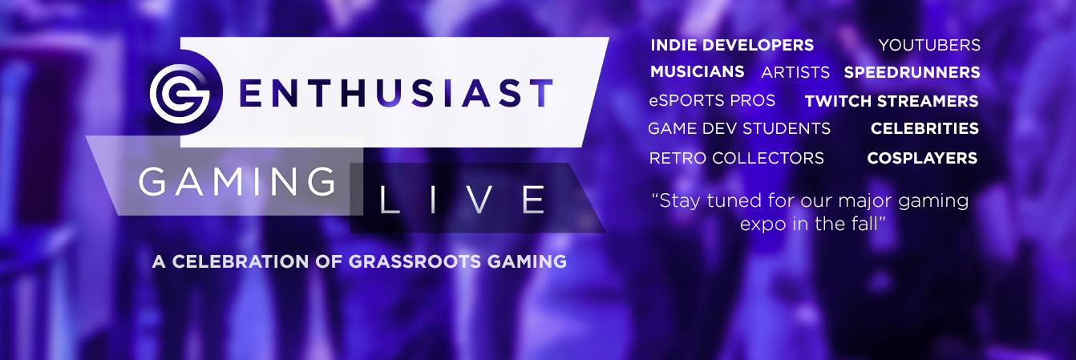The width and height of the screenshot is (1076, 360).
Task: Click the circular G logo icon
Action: coord(180,94)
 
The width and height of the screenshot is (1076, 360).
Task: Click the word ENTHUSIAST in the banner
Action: coord(396,93)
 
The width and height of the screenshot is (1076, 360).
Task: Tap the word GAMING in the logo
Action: coord(237,181)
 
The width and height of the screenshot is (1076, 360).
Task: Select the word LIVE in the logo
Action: coord(462,200)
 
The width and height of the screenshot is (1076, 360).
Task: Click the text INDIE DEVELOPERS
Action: coord(732,45)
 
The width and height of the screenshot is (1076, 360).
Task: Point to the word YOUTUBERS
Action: coord(929,45)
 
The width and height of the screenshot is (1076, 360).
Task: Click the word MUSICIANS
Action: coord(697,71)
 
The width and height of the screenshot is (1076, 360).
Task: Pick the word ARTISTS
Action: coord(795,73)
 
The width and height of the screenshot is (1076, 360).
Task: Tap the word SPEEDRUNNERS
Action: coord(912,73)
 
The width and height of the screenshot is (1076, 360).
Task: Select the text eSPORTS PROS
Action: coord(712,100)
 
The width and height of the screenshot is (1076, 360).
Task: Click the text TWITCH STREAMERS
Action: coord(892,101)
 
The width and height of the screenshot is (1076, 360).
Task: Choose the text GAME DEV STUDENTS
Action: coord(739,129)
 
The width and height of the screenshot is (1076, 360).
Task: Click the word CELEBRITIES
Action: coord(924,128)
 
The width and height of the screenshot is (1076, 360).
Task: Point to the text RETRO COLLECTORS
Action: coord(736,158)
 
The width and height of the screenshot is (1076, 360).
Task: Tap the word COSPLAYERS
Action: coord(922,158)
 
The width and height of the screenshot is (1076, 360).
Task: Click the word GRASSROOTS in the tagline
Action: coord(415,261)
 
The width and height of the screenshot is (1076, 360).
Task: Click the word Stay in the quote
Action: coord(676,201)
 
